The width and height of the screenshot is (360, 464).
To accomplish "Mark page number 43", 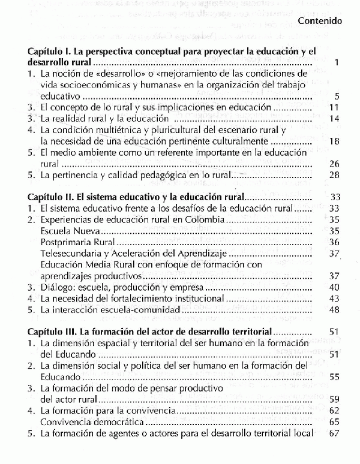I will pos(335,298).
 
